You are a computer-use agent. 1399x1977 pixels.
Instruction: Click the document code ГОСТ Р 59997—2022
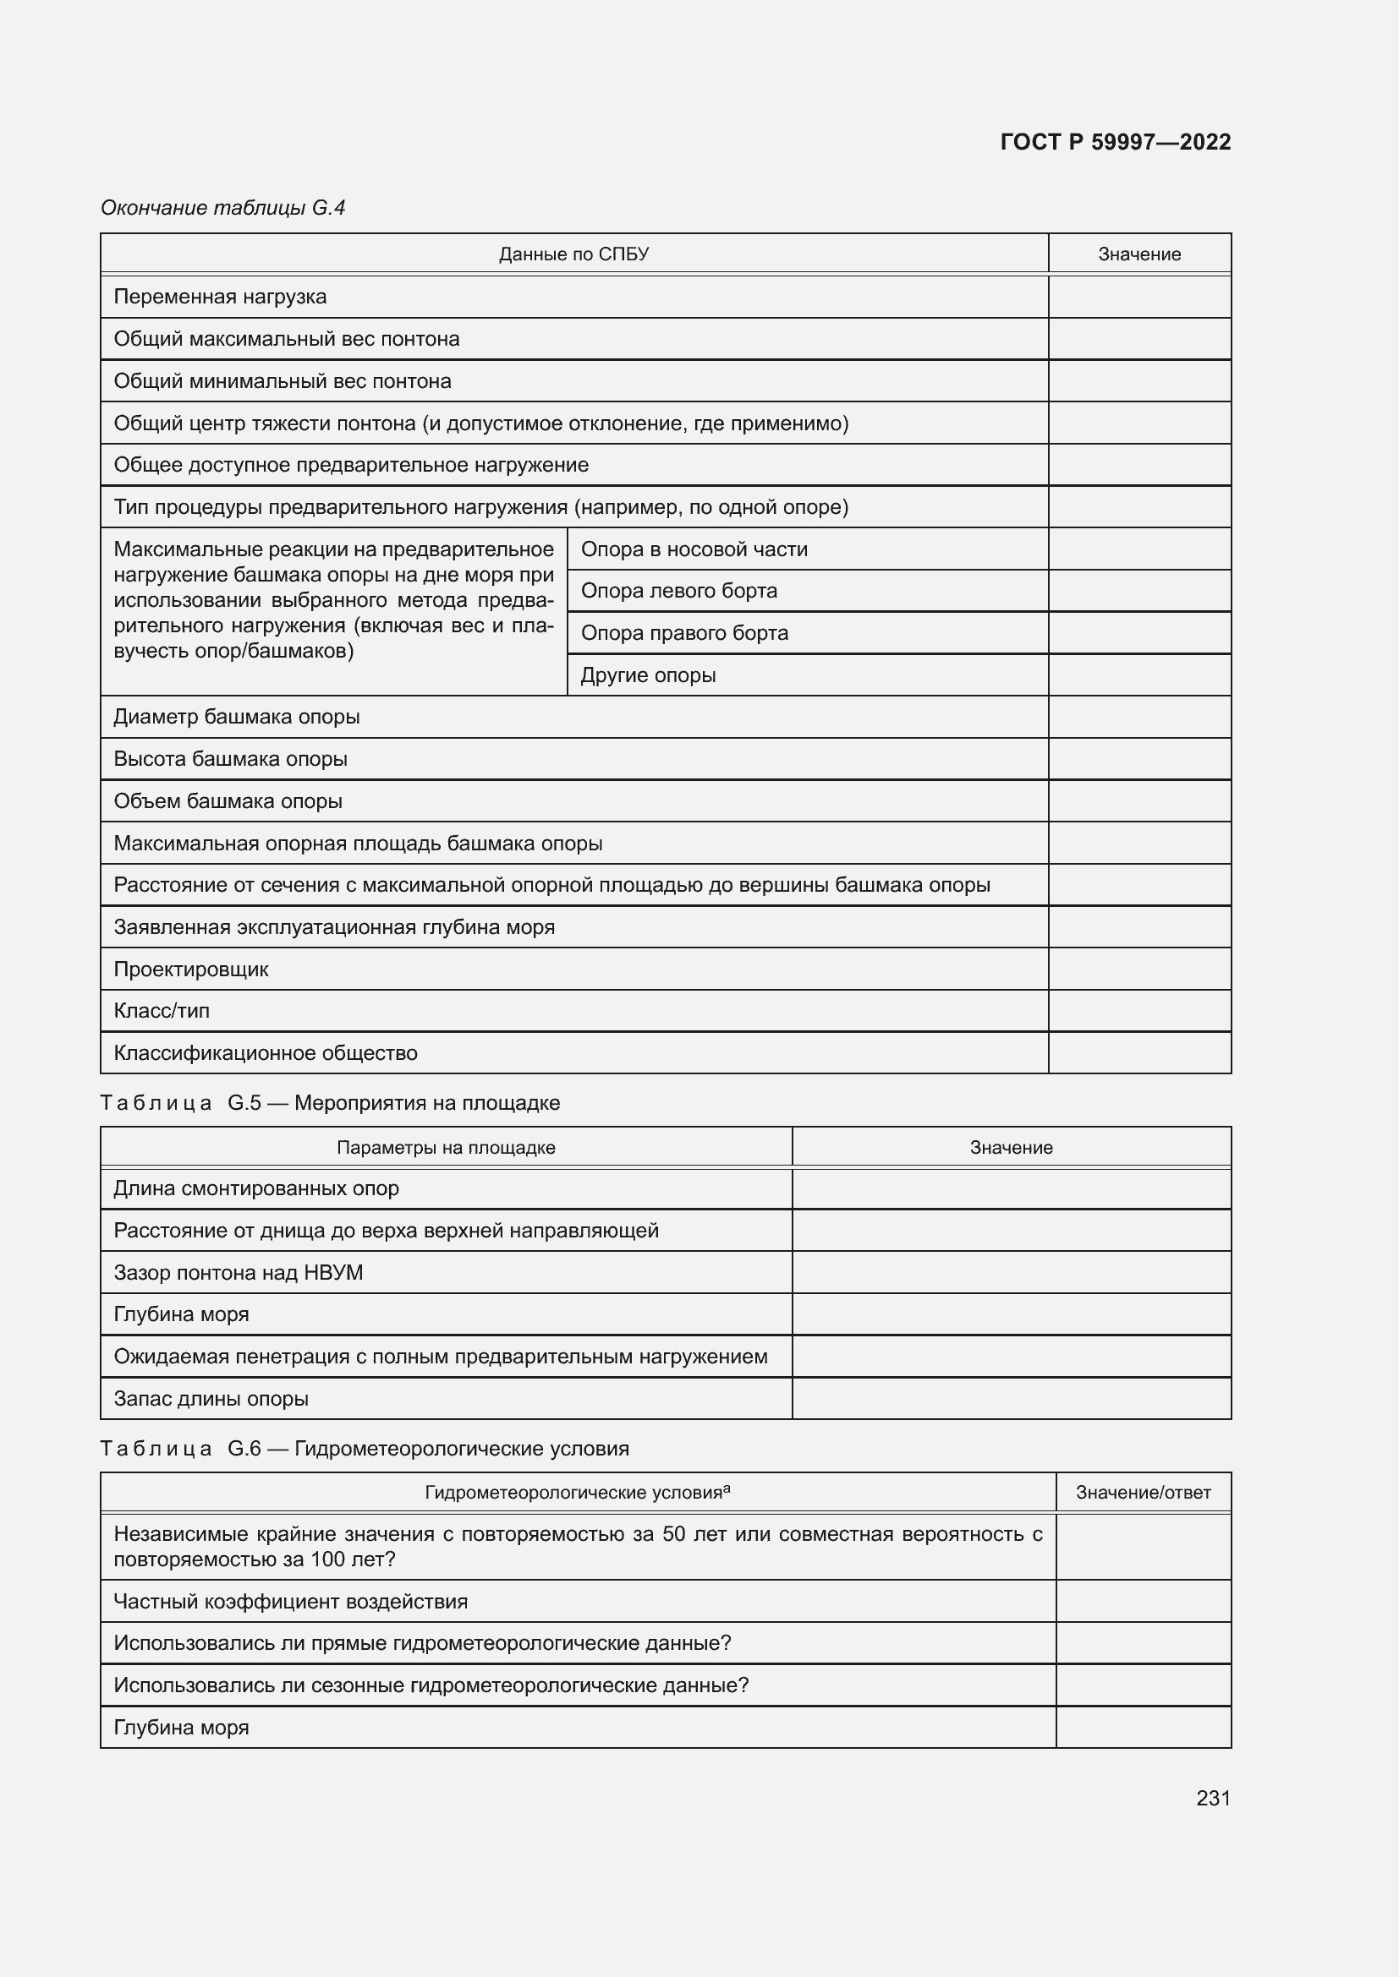pos(1115,142)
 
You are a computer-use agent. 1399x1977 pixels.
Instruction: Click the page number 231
pos(1213,1798)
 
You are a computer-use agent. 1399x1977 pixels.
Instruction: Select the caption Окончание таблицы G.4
pos(223,208)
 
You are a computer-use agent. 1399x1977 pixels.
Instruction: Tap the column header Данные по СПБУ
pos(573,254)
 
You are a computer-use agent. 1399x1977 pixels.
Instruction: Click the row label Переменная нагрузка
pos(221,297)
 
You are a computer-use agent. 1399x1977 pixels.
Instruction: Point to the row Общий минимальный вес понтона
pos(283,381)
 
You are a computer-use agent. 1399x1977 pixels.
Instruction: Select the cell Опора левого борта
pos(679,591)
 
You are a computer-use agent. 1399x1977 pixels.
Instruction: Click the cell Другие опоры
pos(648,675)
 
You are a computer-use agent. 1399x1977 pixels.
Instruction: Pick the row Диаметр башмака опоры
pos(237,718)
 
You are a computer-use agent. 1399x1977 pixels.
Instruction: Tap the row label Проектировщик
pos(191,969)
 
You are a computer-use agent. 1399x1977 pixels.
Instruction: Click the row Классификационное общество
pos(266,1053)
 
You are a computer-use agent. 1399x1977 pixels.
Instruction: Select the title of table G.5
pos(331,1103)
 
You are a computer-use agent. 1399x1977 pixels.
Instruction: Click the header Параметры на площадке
pos(446,1148)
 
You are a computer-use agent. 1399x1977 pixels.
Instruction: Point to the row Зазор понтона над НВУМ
pos(239,1273)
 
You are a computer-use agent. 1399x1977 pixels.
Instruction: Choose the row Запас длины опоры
pos(211,1399)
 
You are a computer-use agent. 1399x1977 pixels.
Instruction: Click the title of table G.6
pos(365,1449)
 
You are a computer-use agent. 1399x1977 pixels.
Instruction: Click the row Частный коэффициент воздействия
pos(291,1602)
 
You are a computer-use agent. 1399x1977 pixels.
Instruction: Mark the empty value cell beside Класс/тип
pos(1138,1011)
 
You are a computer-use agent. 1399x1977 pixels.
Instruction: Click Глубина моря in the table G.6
pos(182,1729)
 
